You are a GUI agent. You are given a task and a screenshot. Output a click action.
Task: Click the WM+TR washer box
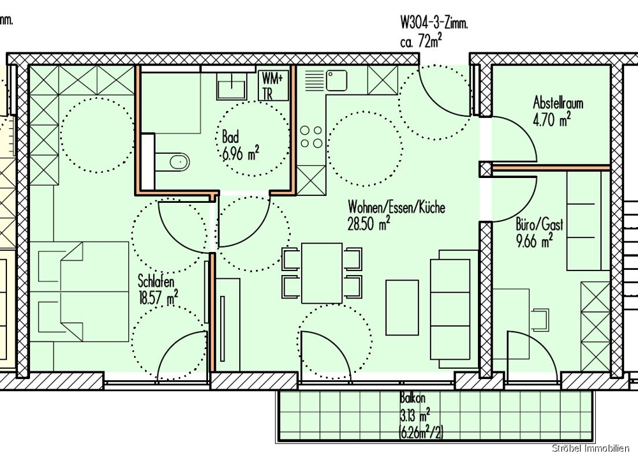pyautogui.click(x=273, y=86)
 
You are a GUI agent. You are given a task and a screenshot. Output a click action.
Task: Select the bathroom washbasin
pyautogui.click(x=231, y=86)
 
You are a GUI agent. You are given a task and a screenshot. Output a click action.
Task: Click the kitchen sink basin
pyautogui.click(x=336, y=80)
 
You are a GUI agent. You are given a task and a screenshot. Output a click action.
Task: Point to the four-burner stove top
pyautogui.click(x=311, y=137)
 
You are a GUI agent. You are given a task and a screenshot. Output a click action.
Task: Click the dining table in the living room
pyautogui.click(x=322, y=273)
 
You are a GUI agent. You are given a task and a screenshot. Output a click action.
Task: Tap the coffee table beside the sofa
pyautogui.click(x=402, y=308)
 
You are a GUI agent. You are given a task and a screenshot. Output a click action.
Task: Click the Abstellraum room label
pyautogui.click(x=558, y=102)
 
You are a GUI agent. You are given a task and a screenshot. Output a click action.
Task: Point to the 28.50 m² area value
pyautogui.click(x=369, y=223)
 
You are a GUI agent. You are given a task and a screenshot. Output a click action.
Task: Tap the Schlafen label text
pyautogui.click(x=156, y=281)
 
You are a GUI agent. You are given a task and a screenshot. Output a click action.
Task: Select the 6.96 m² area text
pyautogui.click(x=241, y=154)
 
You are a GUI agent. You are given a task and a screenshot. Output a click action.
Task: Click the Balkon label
pyautogui.click(x=413, y=397)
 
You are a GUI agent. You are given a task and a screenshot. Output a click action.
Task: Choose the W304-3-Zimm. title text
pyautogui.click(x=434, y=23)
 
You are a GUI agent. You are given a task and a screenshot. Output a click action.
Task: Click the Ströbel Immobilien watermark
pyautogui.click(x=591, y=449)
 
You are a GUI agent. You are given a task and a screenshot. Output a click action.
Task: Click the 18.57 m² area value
pyautogui.click(x=158, y=299)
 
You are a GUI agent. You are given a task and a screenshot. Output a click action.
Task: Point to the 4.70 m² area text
pyautogui.click(x=551, y=119)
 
